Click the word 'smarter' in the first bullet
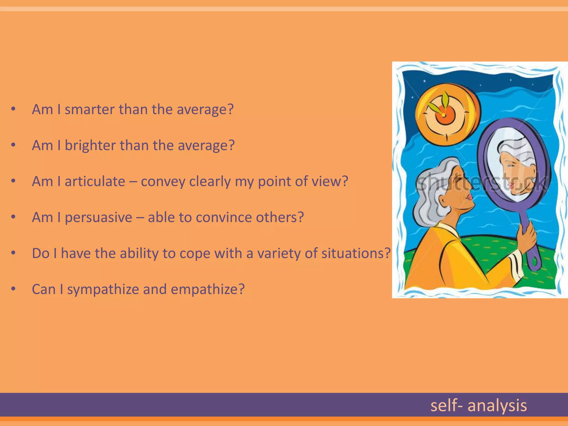90,109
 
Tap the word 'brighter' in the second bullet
90,145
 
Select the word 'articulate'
95,181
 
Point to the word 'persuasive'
98,217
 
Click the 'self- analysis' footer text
478,405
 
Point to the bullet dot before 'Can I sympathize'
13,289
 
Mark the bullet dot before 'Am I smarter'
13,109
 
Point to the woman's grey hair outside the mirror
433,194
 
